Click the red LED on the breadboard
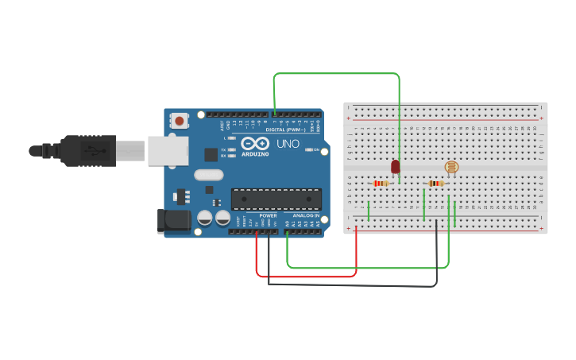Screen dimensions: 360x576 click(396, 167)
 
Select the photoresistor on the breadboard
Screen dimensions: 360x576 click(451, 167)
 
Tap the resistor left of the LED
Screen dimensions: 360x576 click(381, 184)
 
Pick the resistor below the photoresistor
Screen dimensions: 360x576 click(435, 184)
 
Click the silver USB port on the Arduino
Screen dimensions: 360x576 click(168, 150)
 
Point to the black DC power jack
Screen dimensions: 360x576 click(175, 220)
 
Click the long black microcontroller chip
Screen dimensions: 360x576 click(276, 199)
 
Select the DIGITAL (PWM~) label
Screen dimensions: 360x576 click(285, 130)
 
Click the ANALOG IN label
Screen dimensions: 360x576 click(306, 215)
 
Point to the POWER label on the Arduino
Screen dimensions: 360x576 click(269, 215)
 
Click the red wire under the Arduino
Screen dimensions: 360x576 click(306, 277)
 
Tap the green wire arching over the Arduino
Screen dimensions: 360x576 click(337, 73)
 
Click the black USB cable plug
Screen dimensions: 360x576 click(87, 150)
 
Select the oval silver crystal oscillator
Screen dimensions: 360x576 click(208, 175)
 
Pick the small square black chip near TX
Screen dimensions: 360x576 click(211, 155)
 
